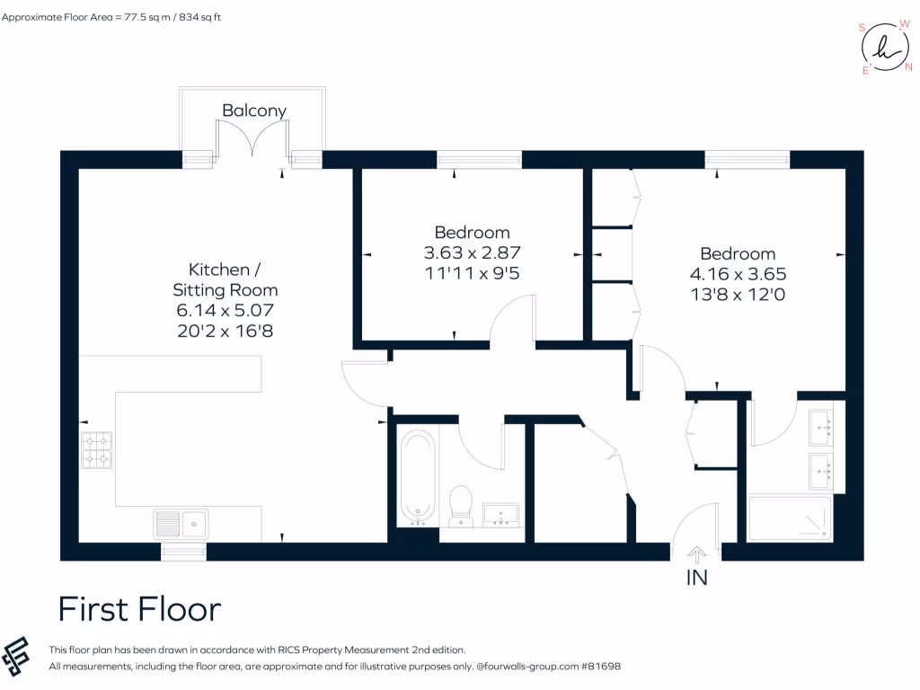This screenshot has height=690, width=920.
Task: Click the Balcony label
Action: tap(254, 111)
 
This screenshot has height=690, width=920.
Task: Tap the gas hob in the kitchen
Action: tap(98, 450)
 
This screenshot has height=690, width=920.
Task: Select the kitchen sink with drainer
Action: tap(181, 523)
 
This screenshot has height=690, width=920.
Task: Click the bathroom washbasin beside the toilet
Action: tap(500, 515)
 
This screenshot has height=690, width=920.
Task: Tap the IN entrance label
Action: tap(697, 578)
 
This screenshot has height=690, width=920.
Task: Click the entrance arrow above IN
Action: tap(697, 555)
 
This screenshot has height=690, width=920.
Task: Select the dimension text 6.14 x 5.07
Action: tap(225, 310)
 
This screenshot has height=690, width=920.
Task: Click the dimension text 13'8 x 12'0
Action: tap(738, 294)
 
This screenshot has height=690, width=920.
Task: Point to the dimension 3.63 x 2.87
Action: tap(472, 252)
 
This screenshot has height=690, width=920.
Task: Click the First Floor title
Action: tap(139, 609)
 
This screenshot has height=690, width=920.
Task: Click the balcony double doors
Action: tap(252, 143)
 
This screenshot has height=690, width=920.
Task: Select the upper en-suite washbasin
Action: tap(820, 427)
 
